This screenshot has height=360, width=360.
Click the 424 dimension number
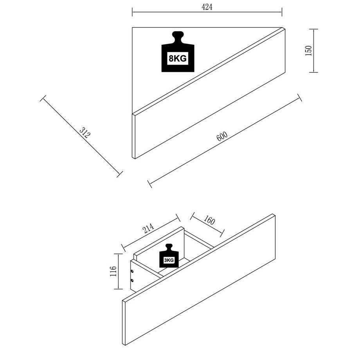click(207, 7)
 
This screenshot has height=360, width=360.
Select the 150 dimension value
click(309, 50)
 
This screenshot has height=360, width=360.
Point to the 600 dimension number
click(221, 136)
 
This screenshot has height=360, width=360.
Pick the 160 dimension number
click(209, 221)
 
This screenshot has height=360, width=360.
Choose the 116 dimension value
click(113, 271)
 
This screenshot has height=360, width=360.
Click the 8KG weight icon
click(178, 53)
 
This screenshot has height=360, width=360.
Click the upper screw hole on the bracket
click(133, 271)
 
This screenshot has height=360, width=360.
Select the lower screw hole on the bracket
click(133, 280)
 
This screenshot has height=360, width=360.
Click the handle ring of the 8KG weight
click(178, 36)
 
